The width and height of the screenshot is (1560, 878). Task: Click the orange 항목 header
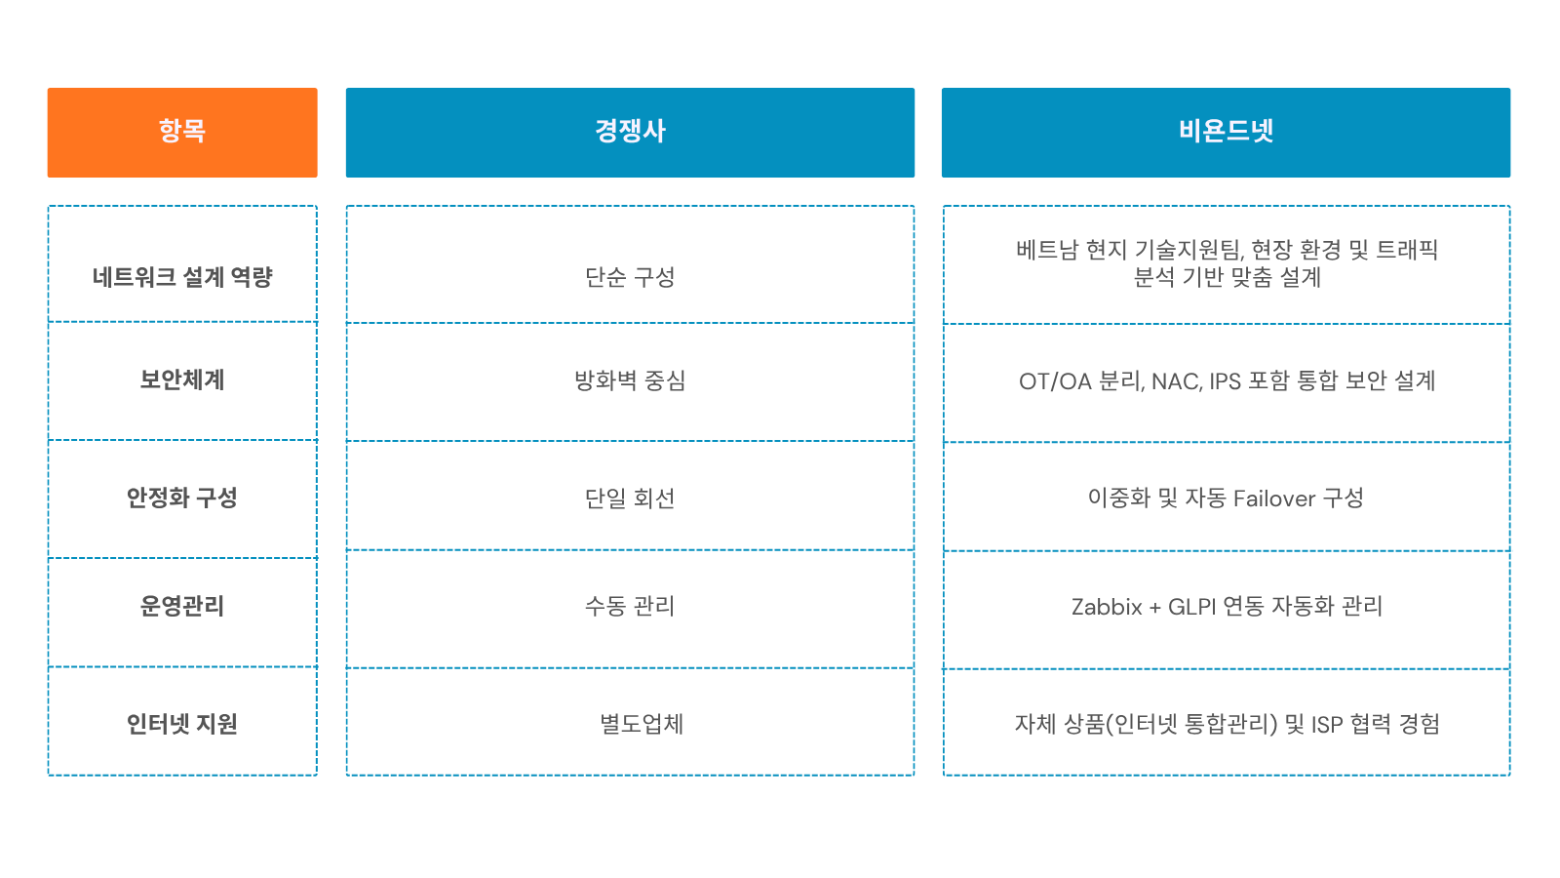coord(182,132)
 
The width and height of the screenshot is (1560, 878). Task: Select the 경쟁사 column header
coord(630,132)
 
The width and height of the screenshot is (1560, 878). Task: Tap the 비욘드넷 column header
coord(1226,132)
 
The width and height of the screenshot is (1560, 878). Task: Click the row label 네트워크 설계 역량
coord(182,277)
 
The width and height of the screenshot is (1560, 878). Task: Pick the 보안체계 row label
coord(182,379)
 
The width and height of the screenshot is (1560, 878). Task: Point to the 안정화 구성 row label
coord(182,498)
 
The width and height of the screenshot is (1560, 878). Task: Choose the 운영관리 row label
coord(182,606)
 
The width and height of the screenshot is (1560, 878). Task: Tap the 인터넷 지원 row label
coord(182,724)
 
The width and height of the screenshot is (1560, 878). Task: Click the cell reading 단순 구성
coord(630,277)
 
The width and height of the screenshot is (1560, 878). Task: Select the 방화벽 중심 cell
coord(630,380)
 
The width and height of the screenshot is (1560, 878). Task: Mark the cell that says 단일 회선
coord(630,499)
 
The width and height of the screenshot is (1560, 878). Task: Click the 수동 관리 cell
coord(630,606)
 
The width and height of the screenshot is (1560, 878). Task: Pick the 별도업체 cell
coord(642,724)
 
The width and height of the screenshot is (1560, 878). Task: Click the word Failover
coord(1274,499)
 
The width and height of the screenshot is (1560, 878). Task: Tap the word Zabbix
coord(1107,607)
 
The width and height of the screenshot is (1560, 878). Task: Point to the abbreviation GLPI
coord(1191,607)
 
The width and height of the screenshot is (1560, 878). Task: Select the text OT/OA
coord(1055,381)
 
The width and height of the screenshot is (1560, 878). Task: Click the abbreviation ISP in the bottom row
coord(1326,725)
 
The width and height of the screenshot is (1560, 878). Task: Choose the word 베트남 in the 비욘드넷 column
coord(1046,250)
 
